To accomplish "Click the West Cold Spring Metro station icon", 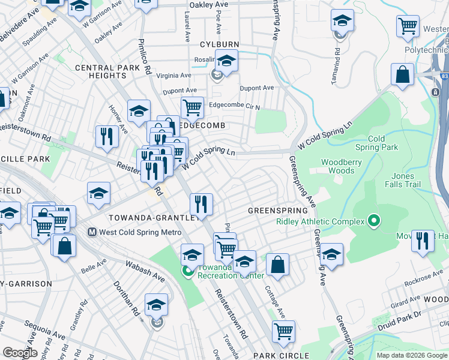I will [x=92, y=232].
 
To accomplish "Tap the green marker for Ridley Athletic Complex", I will [x=373, y=221].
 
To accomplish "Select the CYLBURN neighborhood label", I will [x=220, y=45].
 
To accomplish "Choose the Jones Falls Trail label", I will [x=403, y=180].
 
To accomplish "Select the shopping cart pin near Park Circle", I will [x=283, y=330].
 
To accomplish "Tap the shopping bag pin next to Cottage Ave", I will [x=277, y=264].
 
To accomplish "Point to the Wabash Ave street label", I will [x=145, y=271].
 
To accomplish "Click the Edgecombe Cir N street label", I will [x=234, y=106].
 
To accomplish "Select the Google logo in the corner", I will [x=20, y=353].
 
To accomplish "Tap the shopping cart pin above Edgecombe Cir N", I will [x=192, y=108].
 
